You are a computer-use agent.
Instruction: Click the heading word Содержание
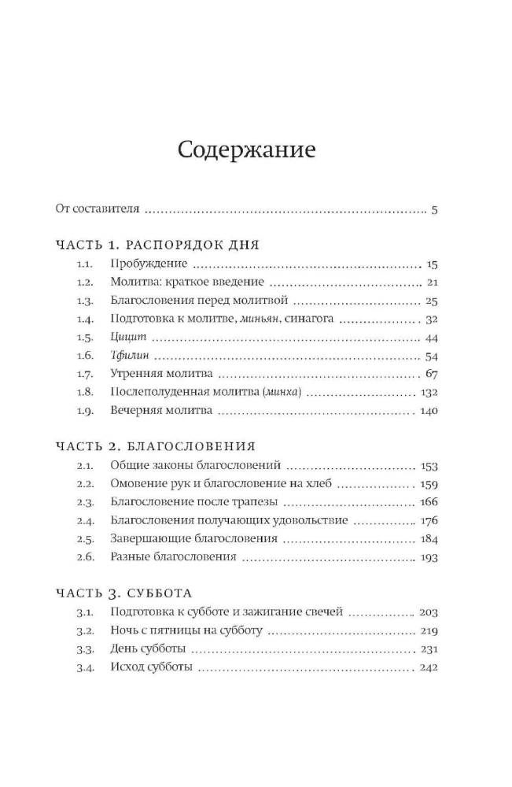tap(246, 150)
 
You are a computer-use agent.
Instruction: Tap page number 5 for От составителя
tap(434, 209)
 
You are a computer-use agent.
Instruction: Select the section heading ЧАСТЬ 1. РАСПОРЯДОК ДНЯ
tap(157, 245)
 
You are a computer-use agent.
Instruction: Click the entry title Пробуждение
tap(149, 264)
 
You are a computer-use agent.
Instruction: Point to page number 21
tap(431, 283)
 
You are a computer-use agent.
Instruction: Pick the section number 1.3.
tap(86, 301)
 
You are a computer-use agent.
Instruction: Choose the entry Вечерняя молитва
tap(162, 411)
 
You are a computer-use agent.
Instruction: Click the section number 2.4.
tap(86, 520)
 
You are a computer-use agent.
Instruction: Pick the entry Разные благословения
tap(174, 557)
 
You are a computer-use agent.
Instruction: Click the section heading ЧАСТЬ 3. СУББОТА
tap(124, 593)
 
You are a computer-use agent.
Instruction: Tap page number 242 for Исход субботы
tap(428, 667)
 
